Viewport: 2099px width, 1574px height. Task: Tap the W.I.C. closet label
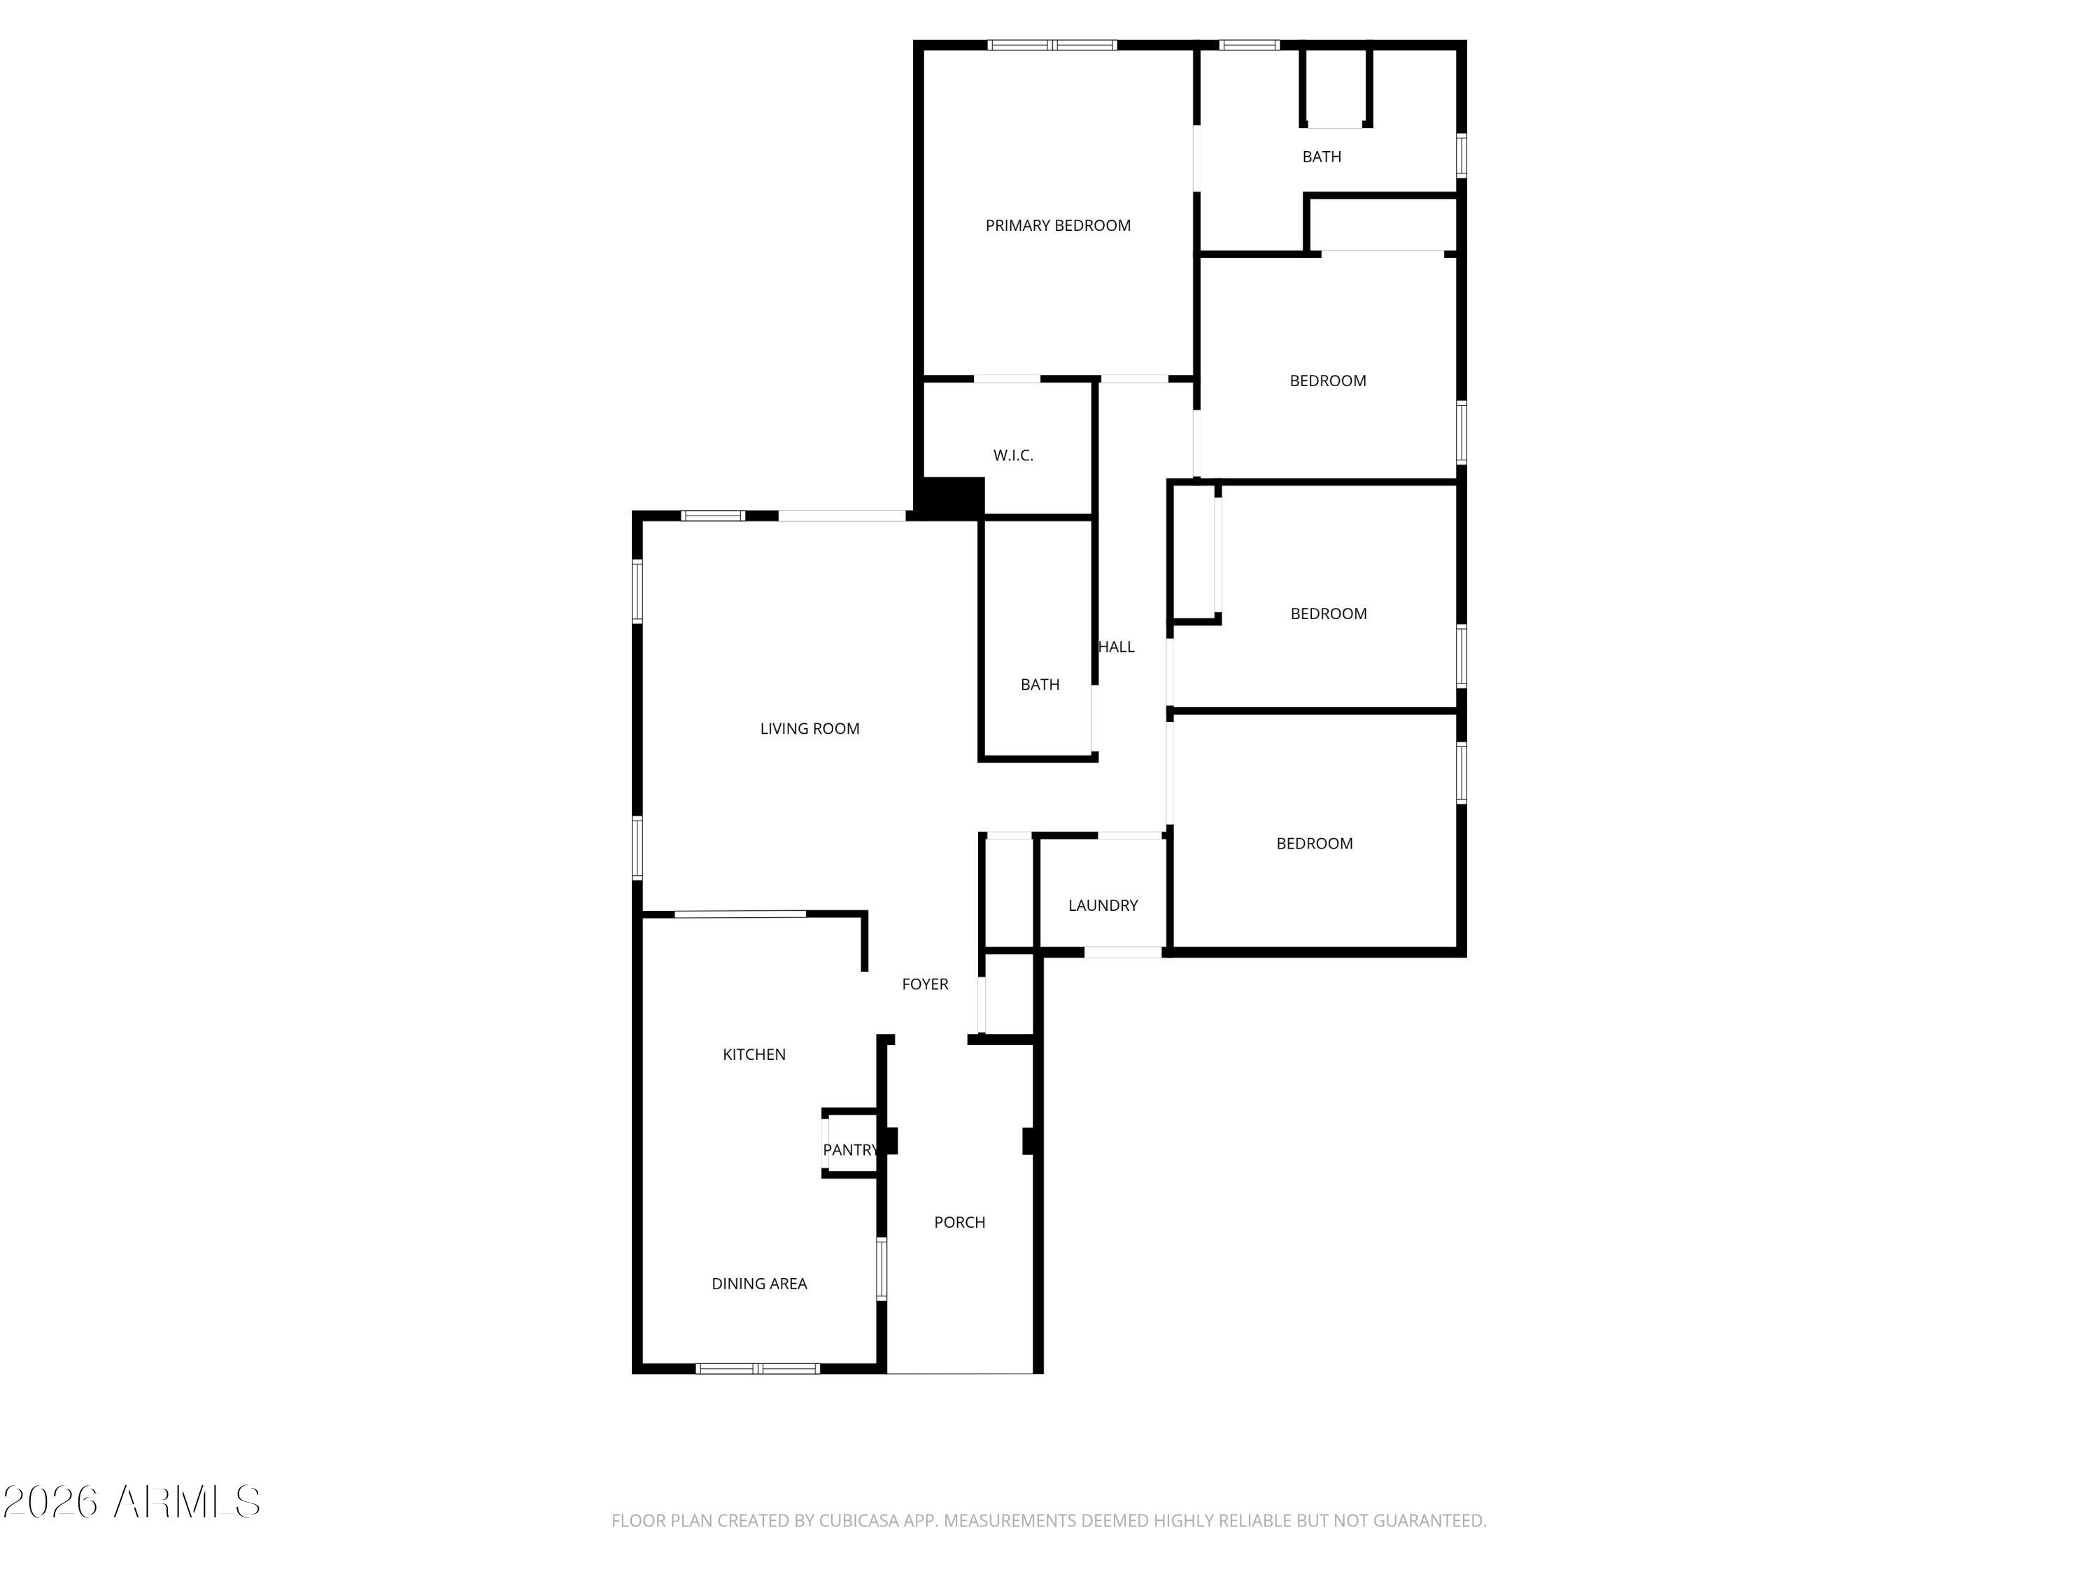[1012, 455]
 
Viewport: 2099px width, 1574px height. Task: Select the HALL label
[1117, 647]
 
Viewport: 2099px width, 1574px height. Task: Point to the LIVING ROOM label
[810, 729]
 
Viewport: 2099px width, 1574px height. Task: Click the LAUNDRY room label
[1103, 905]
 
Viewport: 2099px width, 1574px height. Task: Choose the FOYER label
[924, 984]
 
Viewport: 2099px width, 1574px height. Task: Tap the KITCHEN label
[754, 1054]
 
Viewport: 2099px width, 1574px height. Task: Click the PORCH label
[959, 1222]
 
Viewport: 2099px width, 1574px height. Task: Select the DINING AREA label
[759, 1284]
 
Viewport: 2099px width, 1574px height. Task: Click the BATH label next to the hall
[1039, 684]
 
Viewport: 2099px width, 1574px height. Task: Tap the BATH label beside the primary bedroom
[1321, 157]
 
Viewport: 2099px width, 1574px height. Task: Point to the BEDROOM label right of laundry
[1313, 844]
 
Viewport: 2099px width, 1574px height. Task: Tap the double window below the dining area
[757, 1368]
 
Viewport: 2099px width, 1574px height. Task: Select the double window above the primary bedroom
[1052, 45]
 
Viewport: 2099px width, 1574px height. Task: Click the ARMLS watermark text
[186, 1502]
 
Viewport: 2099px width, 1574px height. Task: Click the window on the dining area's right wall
[881, 1268]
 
